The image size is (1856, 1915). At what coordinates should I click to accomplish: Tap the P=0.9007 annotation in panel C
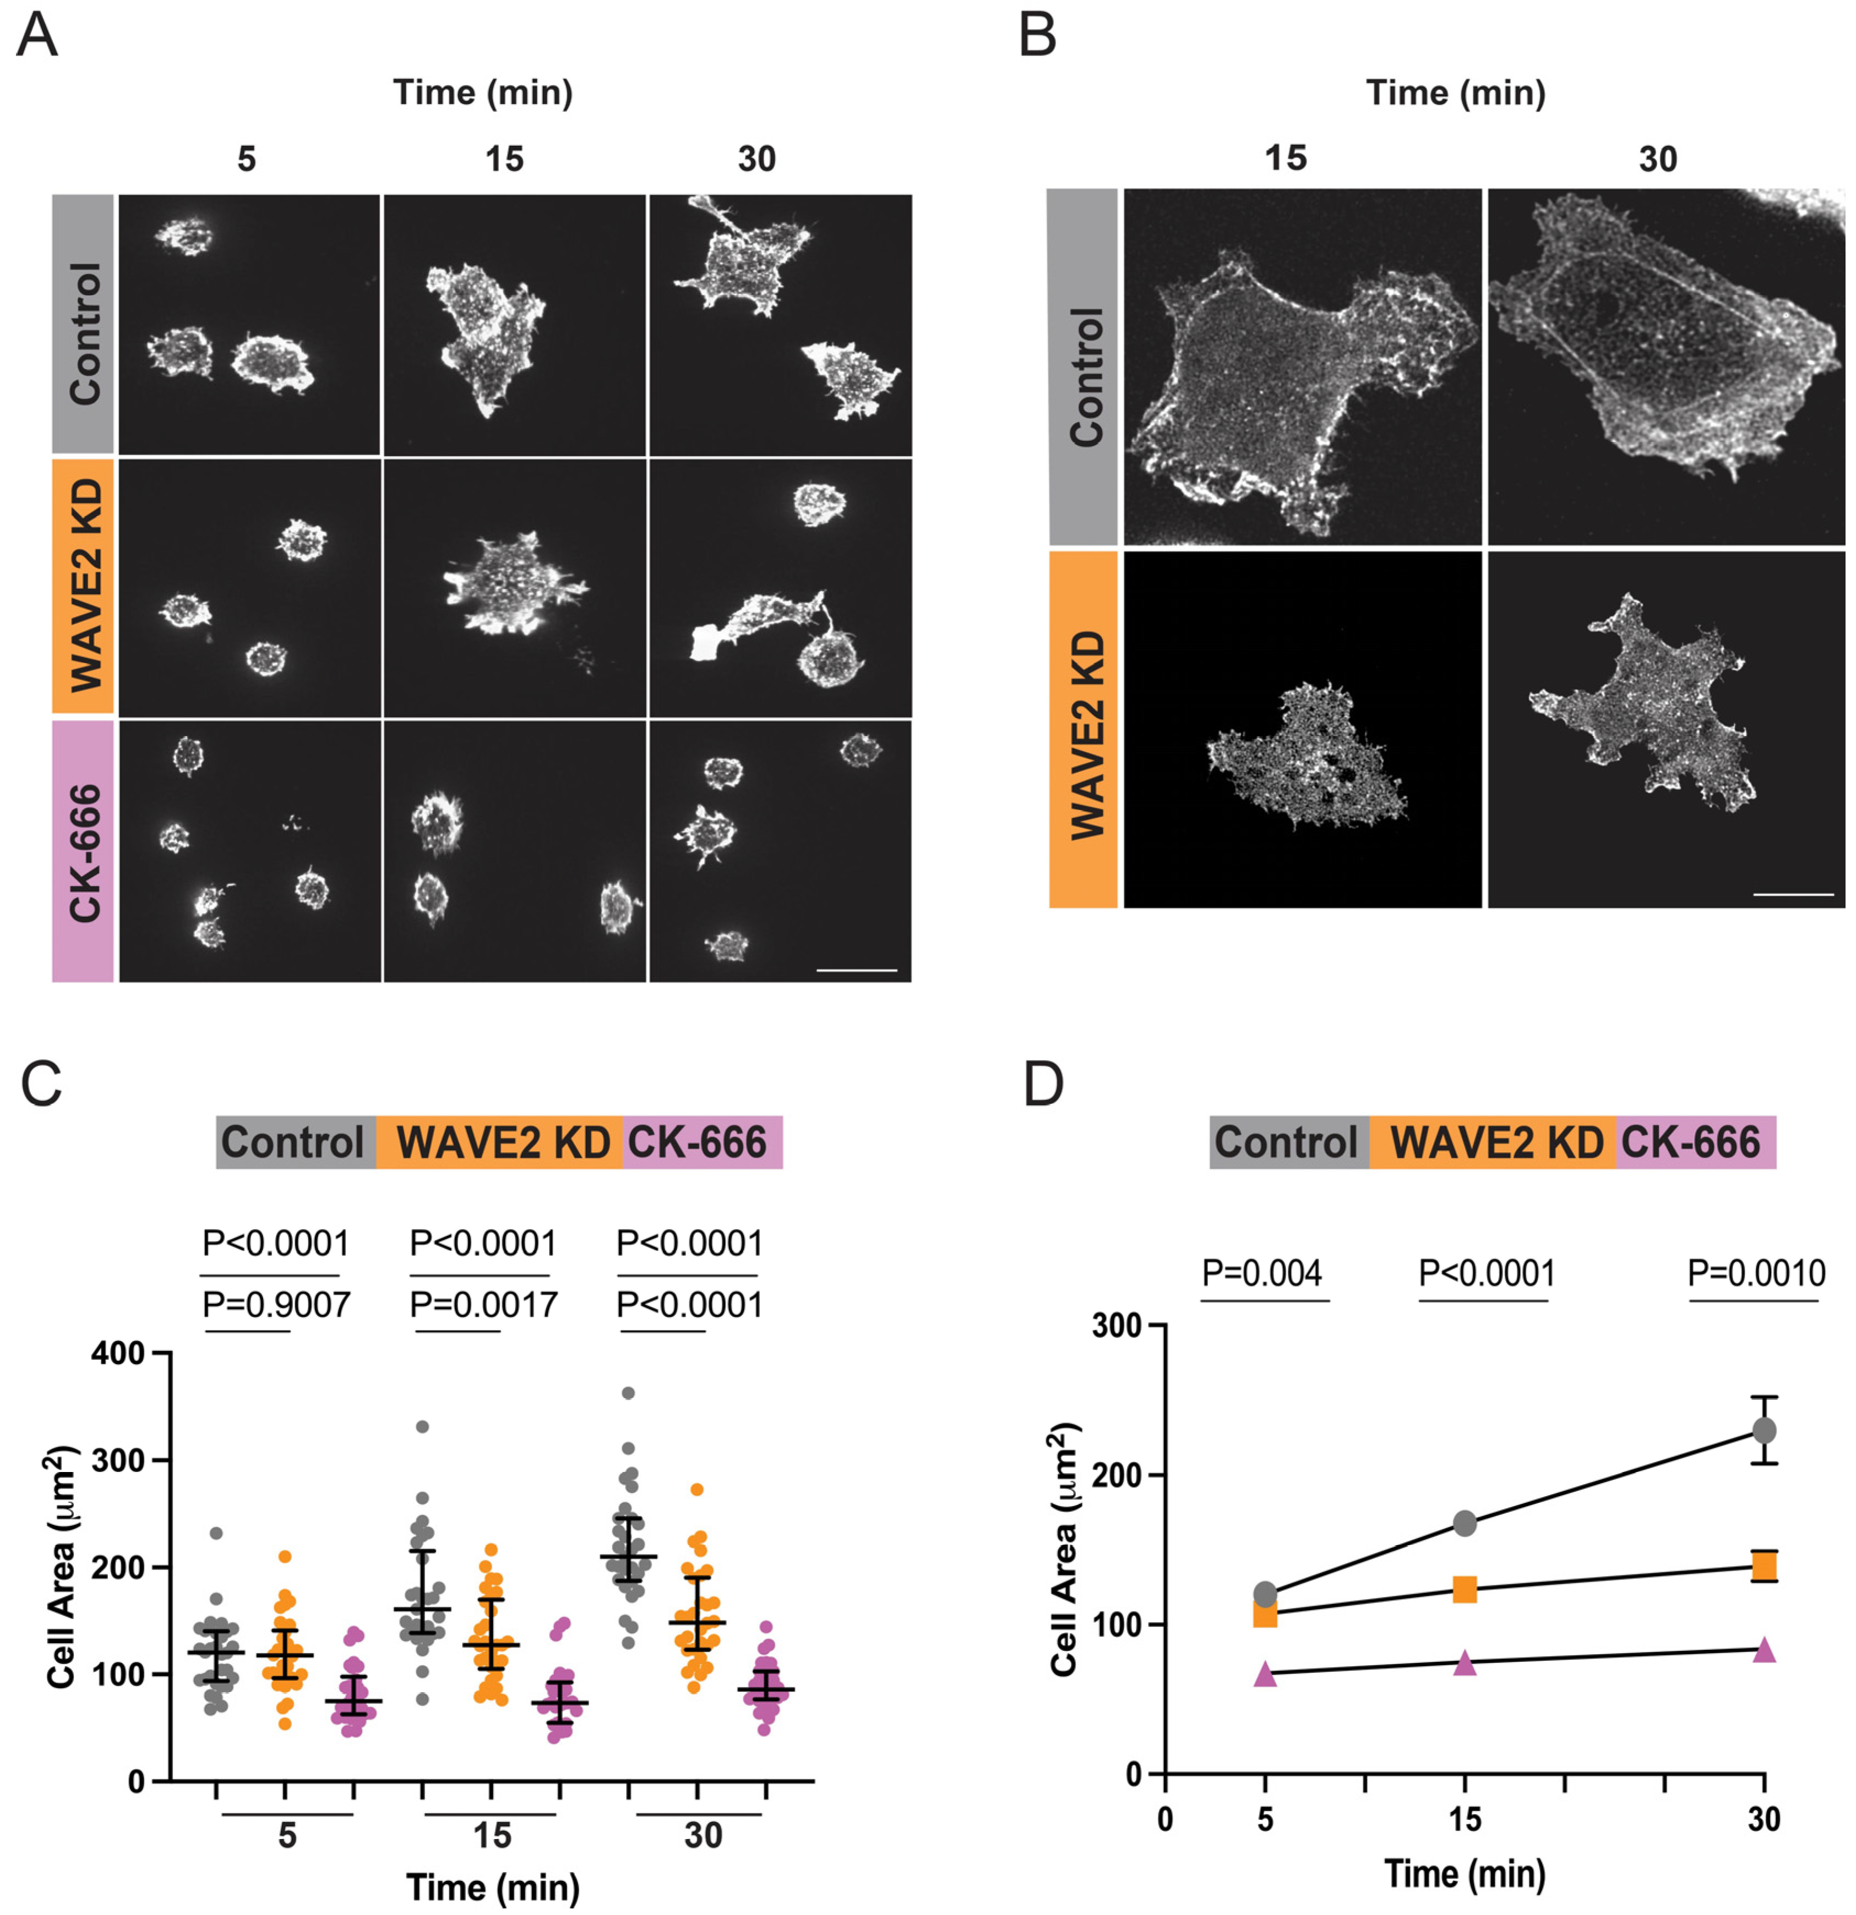tap(276, 1304)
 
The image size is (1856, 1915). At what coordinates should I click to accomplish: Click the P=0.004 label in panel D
tap(1262, 1273)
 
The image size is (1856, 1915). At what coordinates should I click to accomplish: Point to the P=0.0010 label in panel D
tap(1756, 1273)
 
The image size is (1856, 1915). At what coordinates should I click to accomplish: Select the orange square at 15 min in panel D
tap(1464, 1589)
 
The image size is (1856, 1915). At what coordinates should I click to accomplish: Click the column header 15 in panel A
tap(504, 158)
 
